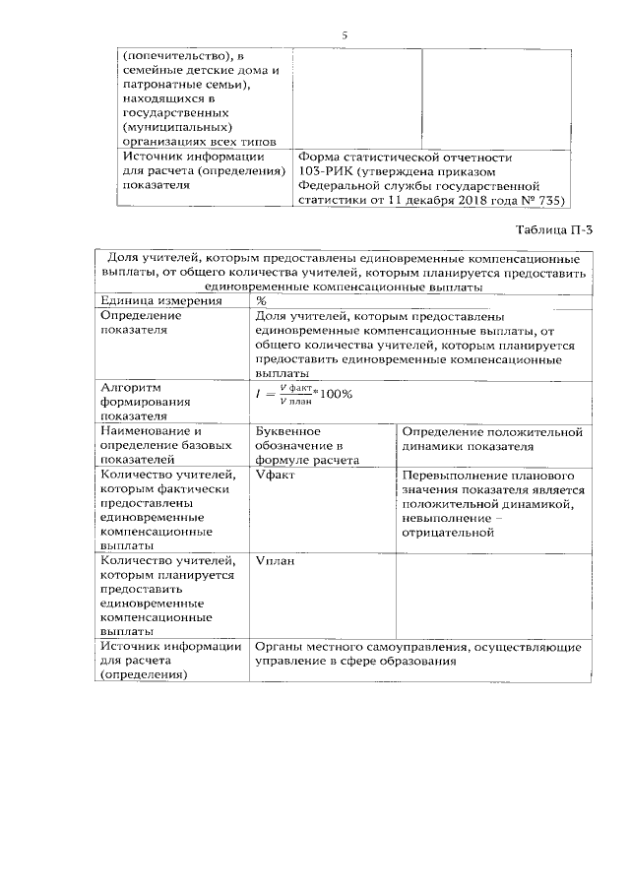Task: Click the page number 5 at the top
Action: click(x=344, y=35)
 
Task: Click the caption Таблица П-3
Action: click(x=555, y=229)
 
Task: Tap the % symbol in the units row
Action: click(x=261, y=300)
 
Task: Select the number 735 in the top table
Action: click(x=548, y=198)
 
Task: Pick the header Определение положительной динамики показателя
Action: click(x=493, y=438)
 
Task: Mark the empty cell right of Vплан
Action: click(x=493, y=595)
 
